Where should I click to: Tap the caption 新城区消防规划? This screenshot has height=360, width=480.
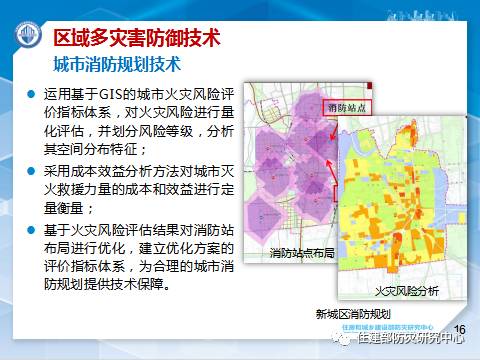pyautogui.click(x=344, y=313)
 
